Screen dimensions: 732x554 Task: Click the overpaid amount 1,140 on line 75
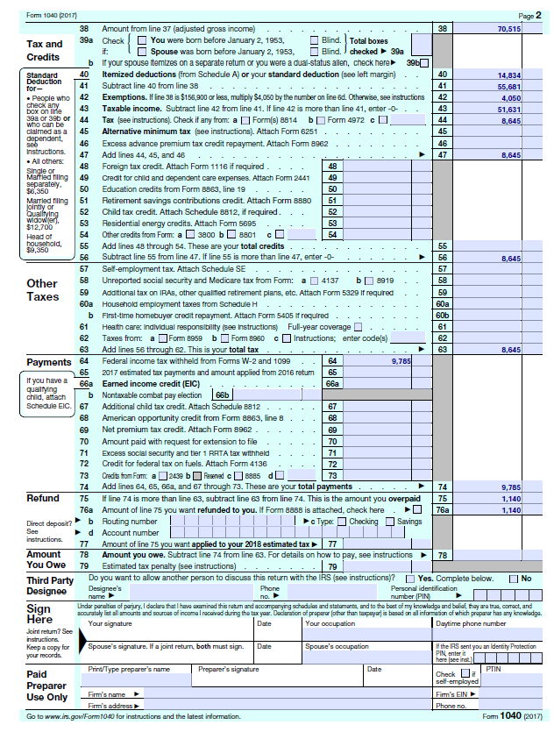510,498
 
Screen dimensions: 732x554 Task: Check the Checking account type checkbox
344,522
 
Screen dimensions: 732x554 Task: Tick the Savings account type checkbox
392,522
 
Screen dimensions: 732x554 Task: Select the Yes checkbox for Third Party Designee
412,579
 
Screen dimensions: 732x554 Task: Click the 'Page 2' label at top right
529,16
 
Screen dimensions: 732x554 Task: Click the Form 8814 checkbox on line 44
248,120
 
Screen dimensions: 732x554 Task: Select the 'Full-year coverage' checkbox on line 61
355,327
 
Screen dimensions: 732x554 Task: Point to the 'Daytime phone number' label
472,623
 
